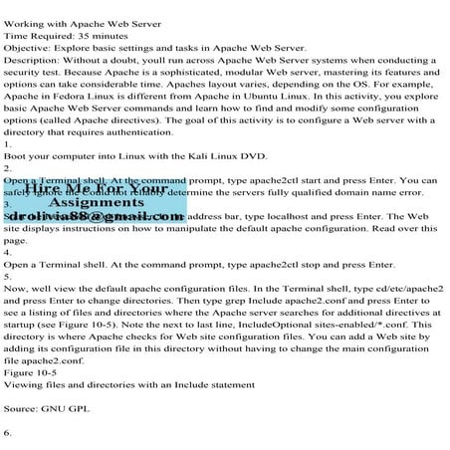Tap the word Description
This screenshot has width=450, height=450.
(31, 62)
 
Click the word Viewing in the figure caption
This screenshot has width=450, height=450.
(25, 382)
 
